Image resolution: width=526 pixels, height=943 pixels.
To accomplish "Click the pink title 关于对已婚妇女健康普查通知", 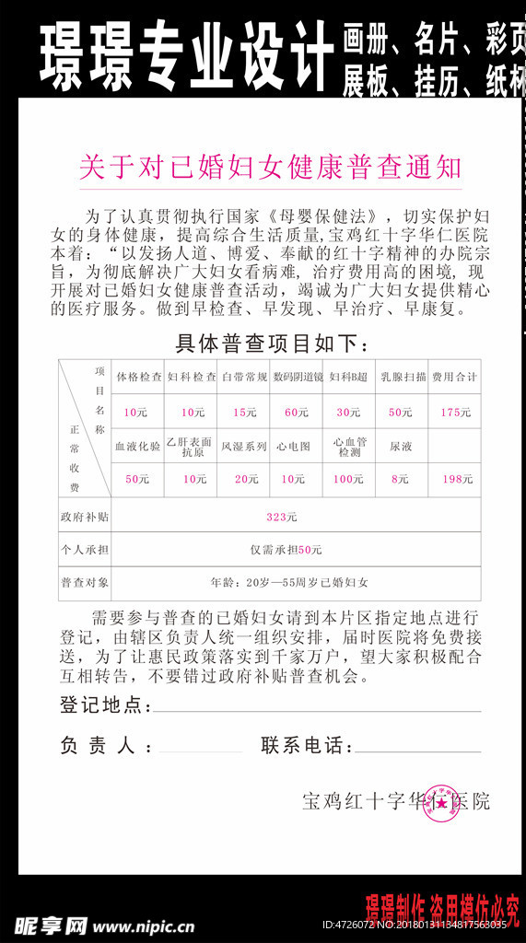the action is pos(270,168).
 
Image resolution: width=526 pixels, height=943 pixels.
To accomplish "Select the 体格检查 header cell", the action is pos(139,377).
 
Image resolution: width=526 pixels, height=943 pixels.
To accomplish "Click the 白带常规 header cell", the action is pos(244,377).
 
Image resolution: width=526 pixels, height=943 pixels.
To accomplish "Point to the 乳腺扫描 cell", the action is pos(403,377).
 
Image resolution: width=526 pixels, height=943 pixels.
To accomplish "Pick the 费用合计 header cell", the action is pos(455,377).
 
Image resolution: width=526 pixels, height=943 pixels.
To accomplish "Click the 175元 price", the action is pos(455,412).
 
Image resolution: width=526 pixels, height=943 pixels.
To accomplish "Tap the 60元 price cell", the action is pos(297,412).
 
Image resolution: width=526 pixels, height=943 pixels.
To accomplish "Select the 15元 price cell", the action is pos(244,412).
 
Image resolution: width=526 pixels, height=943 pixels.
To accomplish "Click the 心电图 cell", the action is pos(297,446).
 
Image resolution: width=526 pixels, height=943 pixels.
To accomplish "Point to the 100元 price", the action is pos(348,479).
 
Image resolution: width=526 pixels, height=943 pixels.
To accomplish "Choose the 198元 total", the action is pos(457,479).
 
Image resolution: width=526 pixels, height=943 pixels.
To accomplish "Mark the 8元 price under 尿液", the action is pos(400,479).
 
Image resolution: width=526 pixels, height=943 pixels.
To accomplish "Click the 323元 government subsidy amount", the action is pos(281,517).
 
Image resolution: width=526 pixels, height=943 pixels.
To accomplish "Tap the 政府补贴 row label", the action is pos(84,517).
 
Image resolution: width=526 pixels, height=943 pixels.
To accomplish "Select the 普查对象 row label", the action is pos(84,582).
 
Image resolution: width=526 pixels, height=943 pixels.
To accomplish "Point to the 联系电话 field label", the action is pos(307,745).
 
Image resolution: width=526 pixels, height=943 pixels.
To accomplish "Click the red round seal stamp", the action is pos(442,802).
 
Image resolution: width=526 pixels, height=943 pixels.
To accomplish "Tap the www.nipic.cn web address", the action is pos(144,926).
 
